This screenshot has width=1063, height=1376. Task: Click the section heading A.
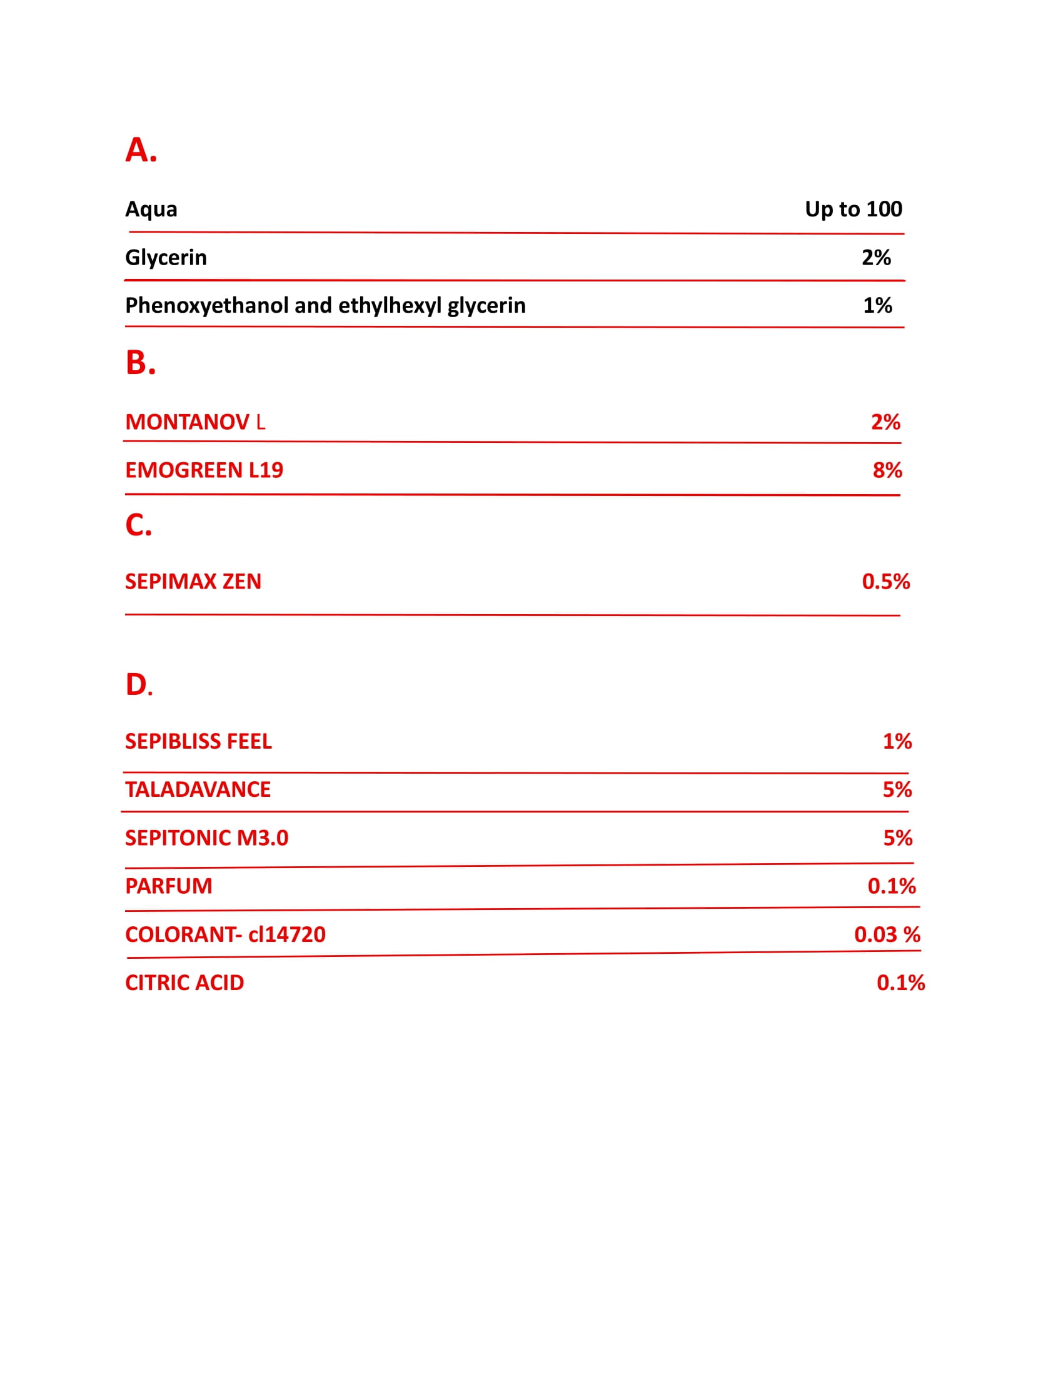[x=141, y=150]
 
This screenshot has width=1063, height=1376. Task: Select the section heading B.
[x=140, y=363]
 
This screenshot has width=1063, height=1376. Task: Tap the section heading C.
[x=138, y=525]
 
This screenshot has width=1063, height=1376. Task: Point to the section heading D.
[x=139, y=685]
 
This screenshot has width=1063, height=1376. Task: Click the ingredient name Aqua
[x=151, y=209]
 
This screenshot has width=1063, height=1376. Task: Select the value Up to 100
[x=853, y=209]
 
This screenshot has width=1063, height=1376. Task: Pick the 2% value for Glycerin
[x=876, y=258]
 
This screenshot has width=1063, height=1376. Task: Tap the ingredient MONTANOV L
[x=194, y=422]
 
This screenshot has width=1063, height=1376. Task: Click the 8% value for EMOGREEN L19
[x=887, y=470]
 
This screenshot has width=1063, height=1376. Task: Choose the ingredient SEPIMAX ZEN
[x=193, y=582]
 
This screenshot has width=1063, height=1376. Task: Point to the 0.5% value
[x=885, y=582]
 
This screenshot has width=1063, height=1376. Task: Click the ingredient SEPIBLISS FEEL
[x=198, y=742]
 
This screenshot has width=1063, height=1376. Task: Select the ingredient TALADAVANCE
[x=197, y=789]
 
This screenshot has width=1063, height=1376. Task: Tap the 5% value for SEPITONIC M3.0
[x=897, y=838]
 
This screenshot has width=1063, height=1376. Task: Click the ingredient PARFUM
[x=168, y=886]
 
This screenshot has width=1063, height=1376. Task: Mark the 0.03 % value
[x=887, y=934]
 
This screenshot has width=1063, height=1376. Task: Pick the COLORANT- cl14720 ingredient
[x=225, y=934]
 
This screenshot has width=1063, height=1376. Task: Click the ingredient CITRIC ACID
[x=184, y=983]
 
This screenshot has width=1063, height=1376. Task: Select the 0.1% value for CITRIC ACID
[x=900, y=983]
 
